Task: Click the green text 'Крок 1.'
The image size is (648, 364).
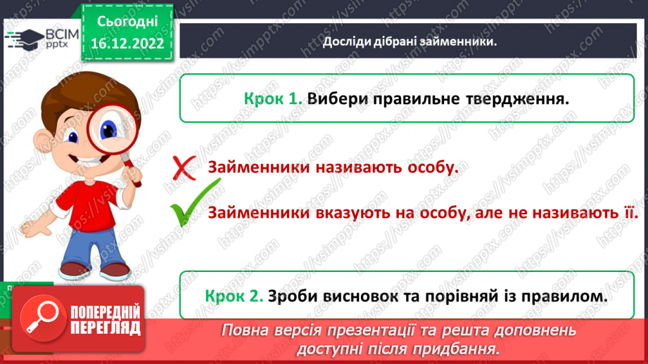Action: coord(273,100)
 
